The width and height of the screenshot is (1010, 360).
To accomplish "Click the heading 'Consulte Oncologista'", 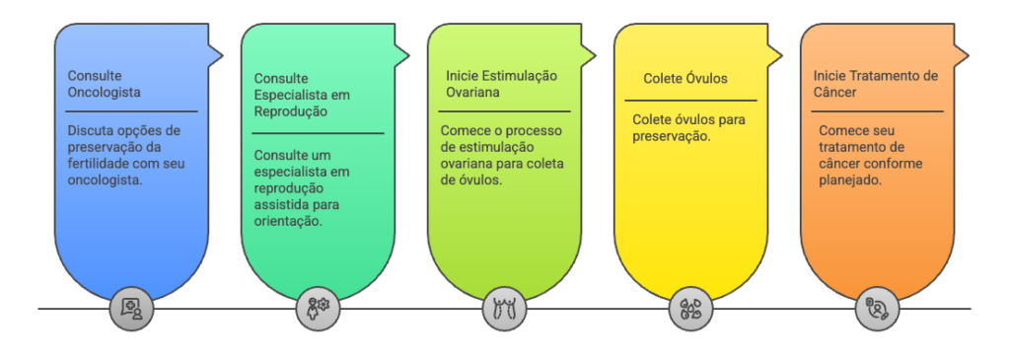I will [105, 84].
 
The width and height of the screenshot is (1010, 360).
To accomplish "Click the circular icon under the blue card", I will [130, 309].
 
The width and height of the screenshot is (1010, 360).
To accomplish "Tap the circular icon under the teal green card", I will [317, 309].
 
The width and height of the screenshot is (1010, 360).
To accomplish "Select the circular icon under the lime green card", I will [504, 309].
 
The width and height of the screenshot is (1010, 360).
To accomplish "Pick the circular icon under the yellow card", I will [690, 309].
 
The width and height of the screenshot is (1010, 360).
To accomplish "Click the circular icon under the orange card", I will [877, 309].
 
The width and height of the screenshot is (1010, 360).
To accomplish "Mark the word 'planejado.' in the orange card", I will [849, 180].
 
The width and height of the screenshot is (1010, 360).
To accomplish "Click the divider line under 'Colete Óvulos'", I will [690, 100].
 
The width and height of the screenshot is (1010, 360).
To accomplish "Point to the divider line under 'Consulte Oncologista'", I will [131, 111].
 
